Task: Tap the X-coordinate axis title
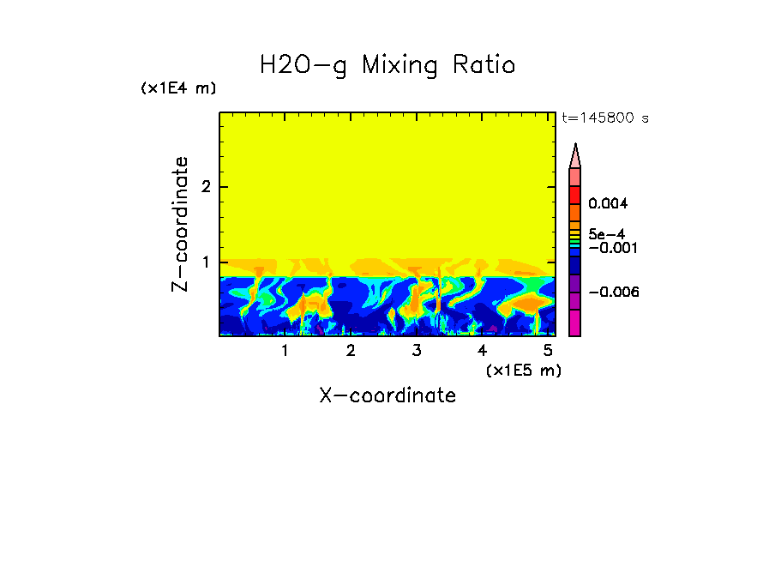coord(387,395)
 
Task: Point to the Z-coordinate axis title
coord(180,224)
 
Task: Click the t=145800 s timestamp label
coord(604,118)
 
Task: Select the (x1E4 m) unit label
coord(178,88)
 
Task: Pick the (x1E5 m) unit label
coord(523,370)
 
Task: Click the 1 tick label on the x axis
coord(285,351)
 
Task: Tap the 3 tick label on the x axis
coord(417,351)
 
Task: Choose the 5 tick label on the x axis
coord(548,351)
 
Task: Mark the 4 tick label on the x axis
coord(482,351)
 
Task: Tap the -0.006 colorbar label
coord(616,293)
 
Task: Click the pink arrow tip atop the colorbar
coord(575,155)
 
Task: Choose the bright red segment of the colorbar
coord(575,194)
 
